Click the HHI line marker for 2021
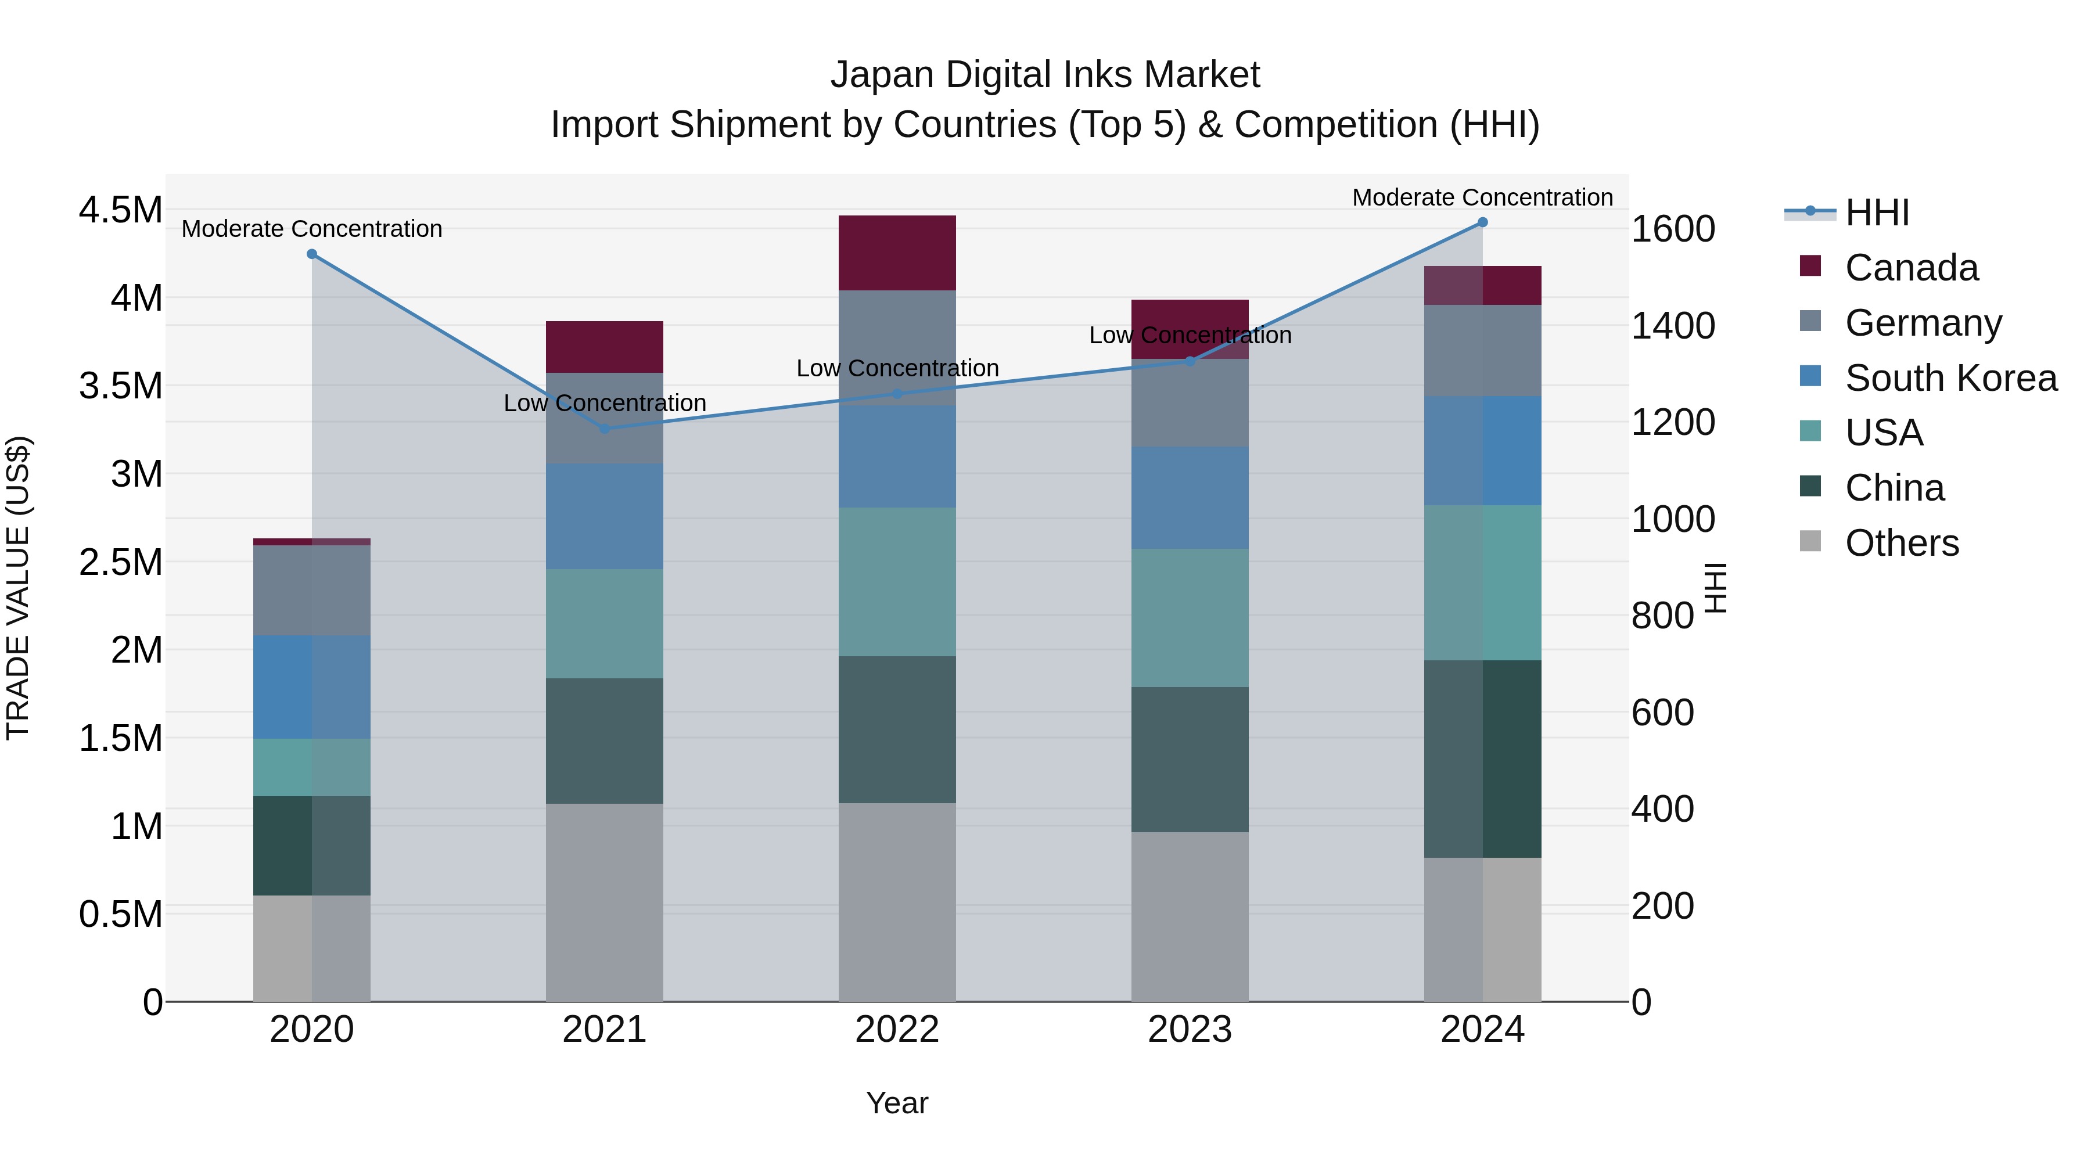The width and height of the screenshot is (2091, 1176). tap(604, 429)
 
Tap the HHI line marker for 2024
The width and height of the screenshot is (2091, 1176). tap(1482, 222)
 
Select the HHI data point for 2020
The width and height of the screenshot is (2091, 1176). tap(312, 254)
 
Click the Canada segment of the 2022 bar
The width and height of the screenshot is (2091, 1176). tap(897, 253)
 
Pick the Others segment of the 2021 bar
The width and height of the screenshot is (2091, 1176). tap(604, 902)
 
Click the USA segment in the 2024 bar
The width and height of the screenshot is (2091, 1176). tap(1482, 582)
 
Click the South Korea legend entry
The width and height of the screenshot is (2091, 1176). tap(1950, 378)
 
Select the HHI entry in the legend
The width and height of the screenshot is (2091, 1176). tap(1876, 213)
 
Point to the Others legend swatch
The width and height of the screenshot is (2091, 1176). tap(1809, 541)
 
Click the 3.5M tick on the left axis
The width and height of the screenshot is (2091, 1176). tap(121, 386)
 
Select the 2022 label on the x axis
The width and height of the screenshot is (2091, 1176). tap(897, 1030)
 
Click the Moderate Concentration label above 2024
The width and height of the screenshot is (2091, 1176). tap(1482, 197)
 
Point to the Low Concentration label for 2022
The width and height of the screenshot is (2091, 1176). tap(897, 368)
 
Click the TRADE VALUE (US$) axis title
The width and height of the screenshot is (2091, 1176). tap(18, 588)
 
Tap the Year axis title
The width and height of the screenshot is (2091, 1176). tap(897, 1103)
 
